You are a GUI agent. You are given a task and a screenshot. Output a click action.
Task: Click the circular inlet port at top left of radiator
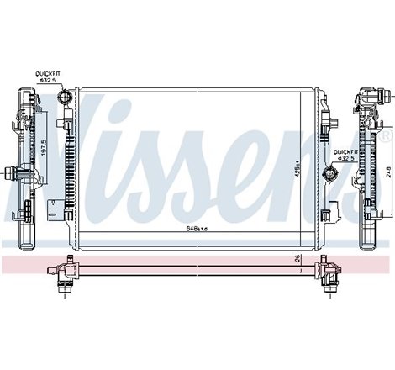tap(65, 99)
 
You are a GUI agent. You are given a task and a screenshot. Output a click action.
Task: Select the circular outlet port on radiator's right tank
tap(329, 175)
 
